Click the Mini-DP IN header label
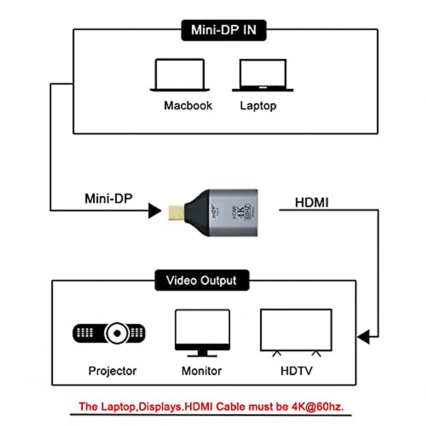tap(224, 30)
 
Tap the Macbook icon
tap(180, 75)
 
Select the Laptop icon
tap(263, 75)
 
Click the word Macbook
tap(188, 105)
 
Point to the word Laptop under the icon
tap(258, 105)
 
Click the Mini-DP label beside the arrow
tap(108, 198)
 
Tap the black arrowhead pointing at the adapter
tap(154, 211)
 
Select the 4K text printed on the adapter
tap(240, 212)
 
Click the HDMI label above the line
tap(312, 202)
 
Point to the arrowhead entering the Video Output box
tap(363, 337)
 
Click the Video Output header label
tap(202, 280)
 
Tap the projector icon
tap(109, 333)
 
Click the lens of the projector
tap(116, 333)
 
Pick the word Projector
tap(112, 371)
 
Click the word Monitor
tap(201, 371)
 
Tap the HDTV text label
tap(296, 371)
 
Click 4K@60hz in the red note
tap(317, 406)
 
